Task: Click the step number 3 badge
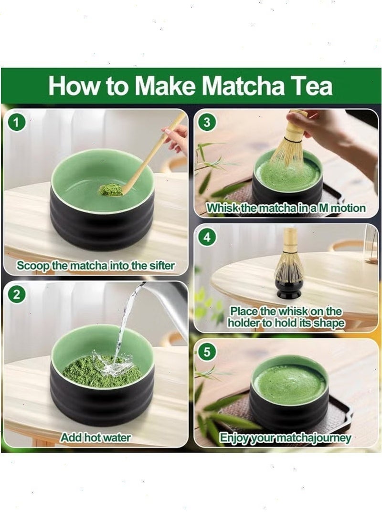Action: [x=207, y=122]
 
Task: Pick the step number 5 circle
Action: [x=207, y=352]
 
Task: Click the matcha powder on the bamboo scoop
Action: [x=111, y=189]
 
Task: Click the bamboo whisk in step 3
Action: [x=290, y=143]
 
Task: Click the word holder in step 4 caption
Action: [x=244, y=323]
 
